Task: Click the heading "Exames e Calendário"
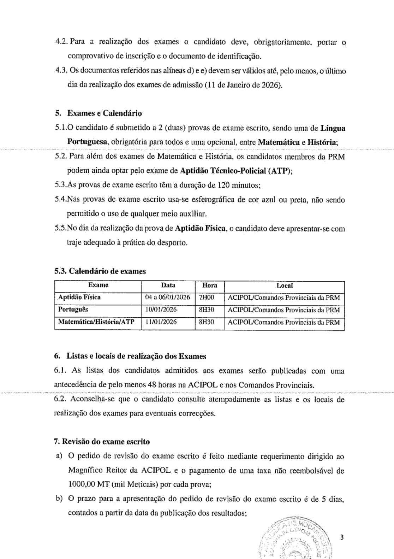[x=105, y=113]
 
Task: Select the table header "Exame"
[x=98, y=286]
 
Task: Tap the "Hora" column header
[x=209, y=286]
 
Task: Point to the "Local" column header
[x=284, y=286]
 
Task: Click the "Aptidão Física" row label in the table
[x=79, y=297]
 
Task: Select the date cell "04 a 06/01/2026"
[x=168, y=298]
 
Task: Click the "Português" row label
[x=73, y=310]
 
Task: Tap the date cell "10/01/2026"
[x=161, y=310]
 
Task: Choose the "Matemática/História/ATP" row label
[x=96, y=322]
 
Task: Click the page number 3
[x=341, y=538]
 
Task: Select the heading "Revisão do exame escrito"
[x=106, y=442]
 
